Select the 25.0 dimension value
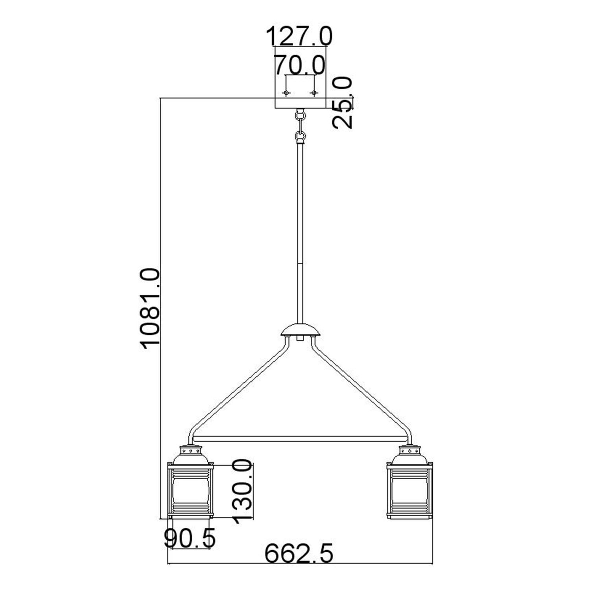point(342,103)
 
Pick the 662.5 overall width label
point(299,554)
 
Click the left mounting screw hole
point(286,93)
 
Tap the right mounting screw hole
point(314,93)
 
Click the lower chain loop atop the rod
point(301,136)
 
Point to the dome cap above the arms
point(301,330)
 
